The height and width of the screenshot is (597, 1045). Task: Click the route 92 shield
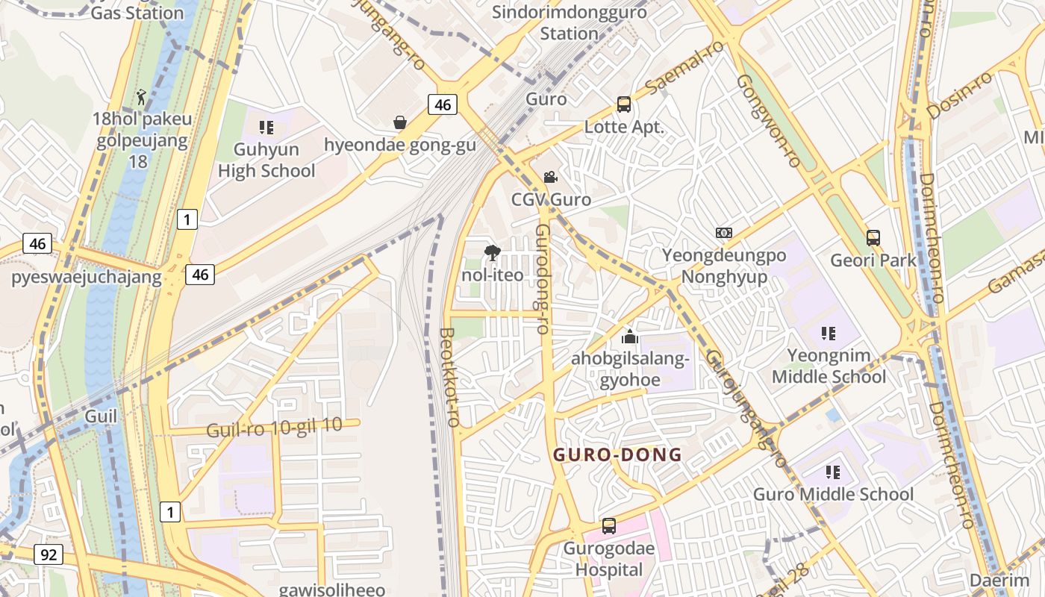point(49,554)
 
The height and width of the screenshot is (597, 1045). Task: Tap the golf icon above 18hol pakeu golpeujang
point(141,97)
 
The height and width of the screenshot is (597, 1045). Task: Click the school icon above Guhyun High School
point(266,128)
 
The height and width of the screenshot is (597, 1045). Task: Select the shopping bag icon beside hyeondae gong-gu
point(400,122)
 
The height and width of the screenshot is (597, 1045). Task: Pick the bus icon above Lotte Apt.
point(624,104)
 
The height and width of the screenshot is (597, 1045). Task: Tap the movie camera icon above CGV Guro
point(551,178)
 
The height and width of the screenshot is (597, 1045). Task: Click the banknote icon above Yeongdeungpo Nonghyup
point(723,233)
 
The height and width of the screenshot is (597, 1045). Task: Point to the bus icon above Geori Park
point(873,238)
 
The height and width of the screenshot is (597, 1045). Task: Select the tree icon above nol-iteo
point(492,253)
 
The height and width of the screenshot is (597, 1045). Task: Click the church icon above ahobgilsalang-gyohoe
point(630,337)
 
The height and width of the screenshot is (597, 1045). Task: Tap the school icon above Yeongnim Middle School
point(829,333)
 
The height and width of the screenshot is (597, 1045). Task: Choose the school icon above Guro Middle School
point(833,472)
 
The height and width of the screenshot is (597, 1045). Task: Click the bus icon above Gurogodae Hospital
point(609,526)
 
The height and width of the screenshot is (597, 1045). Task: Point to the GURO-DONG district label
point(617,454)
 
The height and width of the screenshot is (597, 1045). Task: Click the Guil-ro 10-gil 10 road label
point(274,428)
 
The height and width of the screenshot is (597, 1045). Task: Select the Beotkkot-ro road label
point(449,377)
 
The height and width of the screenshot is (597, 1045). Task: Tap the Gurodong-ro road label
point(543,278)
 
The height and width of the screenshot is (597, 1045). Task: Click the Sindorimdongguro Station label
point(570,22)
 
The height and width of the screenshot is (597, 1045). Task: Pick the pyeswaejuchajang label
point(86,278)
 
